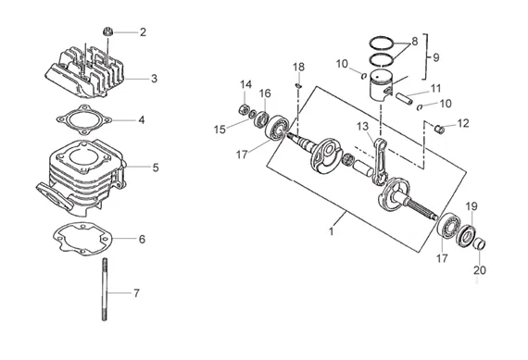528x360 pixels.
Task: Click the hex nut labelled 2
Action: [x=107, y=32]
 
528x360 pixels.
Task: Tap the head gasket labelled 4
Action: [x=84, y=120]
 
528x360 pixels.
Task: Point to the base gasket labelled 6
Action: [x=82, y=239]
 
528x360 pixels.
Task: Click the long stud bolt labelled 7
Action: [x=105, y=290]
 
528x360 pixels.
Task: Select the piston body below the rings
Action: [x=381, y=86]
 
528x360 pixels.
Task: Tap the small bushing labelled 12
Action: [x=439, y=129]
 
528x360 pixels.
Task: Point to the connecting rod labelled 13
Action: [x=381, y=162]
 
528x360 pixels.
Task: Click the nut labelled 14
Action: [x=244, y=109]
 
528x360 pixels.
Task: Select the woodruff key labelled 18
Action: [x=298, y=86]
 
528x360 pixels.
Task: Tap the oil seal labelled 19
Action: [x=466, y=235]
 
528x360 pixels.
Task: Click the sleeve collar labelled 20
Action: [x=479, y=244]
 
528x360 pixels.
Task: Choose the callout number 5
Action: [x=156, y=168]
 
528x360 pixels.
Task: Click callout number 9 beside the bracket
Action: [x=436, y=57]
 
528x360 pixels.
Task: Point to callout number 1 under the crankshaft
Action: [x=331, y=231]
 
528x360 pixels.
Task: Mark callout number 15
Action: [x=220, y=130]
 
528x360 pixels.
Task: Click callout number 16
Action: [x=265, y=93]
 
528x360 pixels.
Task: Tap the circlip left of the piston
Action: [x=363, y=76]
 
